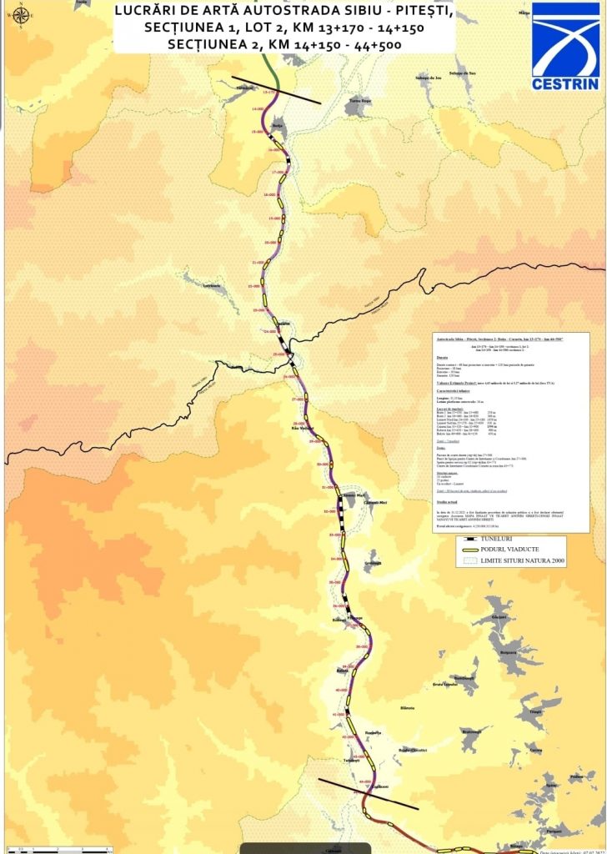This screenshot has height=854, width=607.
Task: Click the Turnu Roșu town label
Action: [359, 99]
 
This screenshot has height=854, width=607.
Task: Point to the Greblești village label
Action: [372, 563]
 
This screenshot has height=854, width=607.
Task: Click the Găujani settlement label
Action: [499, 616]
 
